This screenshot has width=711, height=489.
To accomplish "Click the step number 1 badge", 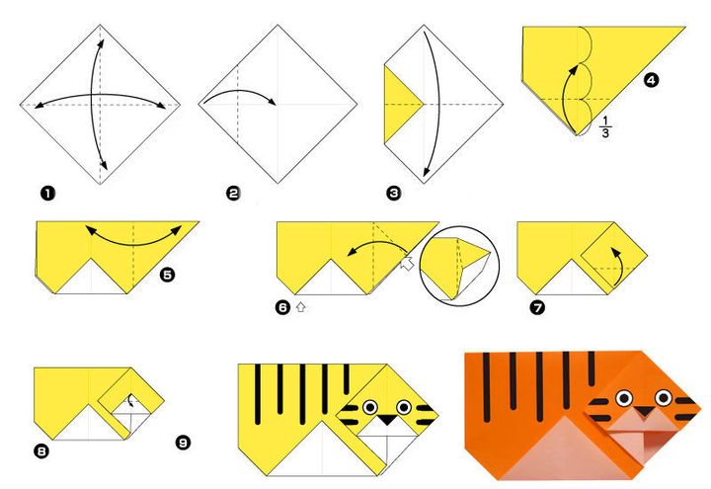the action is pos(47,194).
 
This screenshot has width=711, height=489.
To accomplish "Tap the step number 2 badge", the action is pos(233,194).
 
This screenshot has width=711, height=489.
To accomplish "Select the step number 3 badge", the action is pos(394,194).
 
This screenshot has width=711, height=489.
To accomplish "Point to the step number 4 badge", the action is pos(651,80).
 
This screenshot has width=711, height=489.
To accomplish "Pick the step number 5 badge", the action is pos(167,275).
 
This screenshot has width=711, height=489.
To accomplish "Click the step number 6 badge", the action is pos(282,307).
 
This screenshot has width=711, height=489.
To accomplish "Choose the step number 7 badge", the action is pos(537,307).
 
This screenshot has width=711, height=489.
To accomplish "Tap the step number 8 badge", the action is pos(40,450).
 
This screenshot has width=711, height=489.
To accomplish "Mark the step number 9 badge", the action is pos(184,442).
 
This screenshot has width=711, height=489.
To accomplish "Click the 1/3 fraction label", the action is pos(605,126).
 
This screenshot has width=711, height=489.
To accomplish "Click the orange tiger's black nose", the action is pos(644,412).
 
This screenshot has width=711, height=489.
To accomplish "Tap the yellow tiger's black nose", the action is pos(387,420).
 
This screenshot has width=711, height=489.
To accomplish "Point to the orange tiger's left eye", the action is pos(624,398).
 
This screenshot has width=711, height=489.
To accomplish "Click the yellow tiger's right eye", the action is pos(404,407).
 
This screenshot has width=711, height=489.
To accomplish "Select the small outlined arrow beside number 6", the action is pos(300,307).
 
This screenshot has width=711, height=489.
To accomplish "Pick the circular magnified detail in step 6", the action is pos(459,267).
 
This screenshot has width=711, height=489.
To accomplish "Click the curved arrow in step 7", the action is pos(619,267).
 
